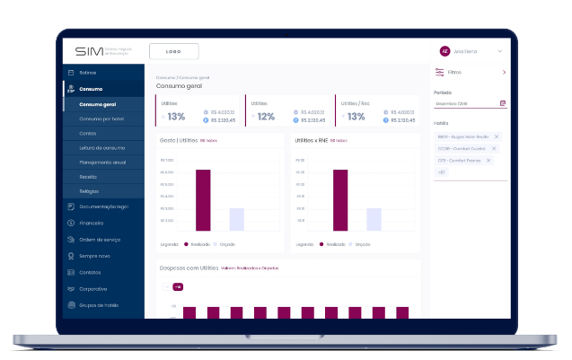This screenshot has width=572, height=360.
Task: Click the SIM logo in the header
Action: click(x=90, y=51)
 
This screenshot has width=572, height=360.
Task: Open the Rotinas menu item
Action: click(x=87, y=72)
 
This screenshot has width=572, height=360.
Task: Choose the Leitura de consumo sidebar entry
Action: click(x=101, y=147)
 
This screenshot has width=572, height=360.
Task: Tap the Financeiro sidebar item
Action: click(x=92, y=223)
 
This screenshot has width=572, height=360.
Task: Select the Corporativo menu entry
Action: click(x=93, y=289)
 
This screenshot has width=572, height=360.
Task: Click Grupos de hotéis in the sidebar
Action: click(x=99, y=305)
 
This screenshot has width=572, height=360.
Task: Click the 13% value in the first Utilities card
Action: click(x=176, y=117)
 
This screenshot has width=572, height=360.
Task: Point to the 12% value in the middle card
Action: click(x=265, y=117)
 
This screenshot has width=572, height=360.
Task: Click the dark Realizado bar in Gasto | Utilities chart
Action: click(x=203, y=200)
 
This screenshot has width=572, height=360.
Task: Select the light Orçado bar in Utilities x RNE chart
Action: click(x=374, y=220)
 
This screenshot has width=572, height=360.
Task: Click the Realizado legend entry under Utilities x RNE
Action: click(x=332, y=244)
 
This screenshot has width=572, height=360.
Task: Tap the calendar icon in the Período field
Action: click(x=503, y=103)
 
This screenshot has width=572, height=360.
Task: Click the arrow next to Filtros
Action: click(x=504, y=72)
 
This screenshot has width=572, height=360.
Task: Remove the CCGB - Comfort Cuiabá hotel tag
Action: click(x=494, y=148)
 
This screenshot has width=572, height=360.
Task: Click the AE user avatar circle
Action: click(x=444, y=51)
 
